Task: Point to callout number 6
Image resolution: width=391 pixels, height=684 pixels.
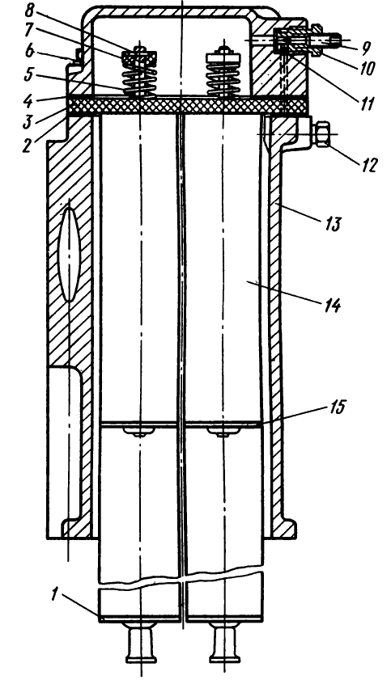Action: tap(30, 52)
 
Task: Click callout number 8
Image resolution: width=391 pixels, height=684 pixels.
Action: tap(31, 11)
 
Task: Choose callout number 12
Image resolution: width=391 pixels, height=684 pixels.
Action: tap(368, 165)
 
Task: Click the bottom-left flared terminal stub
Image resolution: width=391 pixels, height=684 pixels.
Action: tap(141, 643)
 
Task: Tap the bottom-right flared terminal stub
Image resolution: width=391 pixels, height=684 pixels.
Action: tap(224, 643)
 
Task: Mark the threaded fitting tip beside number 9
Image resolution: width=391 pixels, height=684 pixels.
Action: tap(334, 41)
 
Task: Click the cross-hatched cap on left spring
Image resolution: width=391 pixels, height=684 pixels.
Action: tap(139, 57)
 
